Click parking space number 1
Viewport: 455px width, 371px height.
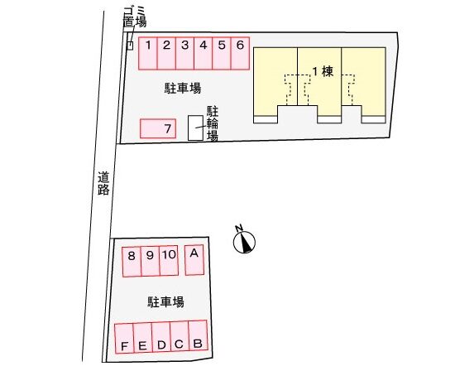click(148, 54)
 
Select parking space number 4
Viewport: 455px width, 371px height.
click(204, 54)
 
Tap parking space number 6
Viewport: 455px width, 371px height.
click(240, 54)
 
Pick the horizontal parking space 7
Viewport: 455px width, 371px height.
click(158, 128)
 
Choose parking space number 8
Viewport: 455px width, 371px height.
click(132, 262)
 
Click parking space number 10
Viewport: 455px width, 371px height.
click(169, 261)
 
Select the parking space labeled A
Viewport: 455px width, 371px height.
click(194, 260)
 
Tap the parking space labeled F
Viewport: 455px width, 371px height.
click(124, 338)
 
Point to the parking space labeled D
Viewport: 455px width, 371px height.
click(161, 337)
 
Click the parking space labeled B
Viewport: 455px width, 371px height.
click(198, 335)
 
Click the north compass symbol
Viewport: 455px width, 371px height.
click(244, 239)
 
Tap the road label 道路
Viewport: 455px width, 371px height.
click(103, 183)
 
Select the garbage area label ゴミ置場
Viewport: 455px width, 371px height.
click(135, 17)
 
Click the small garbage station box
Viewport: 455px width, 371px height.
click(131, 46)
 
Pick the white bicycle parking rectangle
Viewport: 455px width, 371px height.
click(195, 128)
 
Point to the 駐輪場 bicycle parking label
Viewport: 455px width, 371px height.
click(213, 123)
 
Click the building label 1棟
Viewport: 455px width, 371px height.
click(323, 71)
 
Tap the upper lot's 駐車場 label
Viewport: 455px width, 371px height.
click(183, 89)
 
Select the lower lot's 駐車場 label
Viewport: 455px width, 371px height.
click(165, 302)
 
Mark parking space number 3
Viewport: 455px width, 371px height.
click(184, 54)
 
